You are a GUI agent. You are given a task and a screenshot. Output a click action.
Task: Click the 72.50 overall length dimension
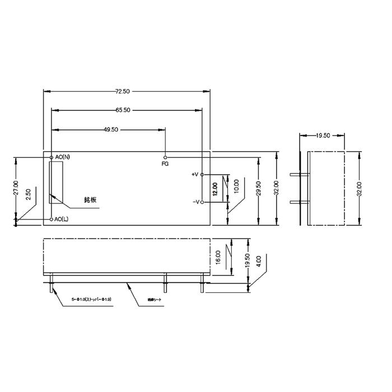pyautogui.click(x=123, y=91)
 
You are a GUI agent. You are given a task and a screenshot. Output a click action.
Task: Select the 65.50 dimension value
pyautogui.click(x=123, y=110)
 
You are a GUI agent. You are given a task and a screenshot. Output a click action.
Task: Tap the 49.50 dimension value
pyautogui.click(x=110, y=129)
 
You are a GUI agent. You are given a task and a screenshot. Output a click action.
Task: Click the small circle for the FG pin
pyautogui.click(x=165, y=157)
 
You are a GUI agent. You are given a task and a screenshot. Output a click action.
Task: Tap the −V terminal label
pyautogui.click(x=195, y=202)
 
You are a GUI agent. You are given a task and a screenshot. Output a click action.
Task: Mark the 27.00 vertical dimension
pyautogui.click(x=16, y=188)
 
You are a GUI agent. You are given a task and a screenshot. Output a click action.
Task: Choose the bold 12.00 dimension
pyautogui.click(x=214, y=188)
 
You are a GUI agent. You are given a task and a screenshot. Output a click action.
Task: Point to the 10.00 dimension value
pyautogui.click(x=236, y=186)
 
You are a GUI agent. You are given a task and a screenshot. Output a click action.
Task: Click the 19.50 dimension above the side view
pyautogui.click(x=323, y=136)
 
